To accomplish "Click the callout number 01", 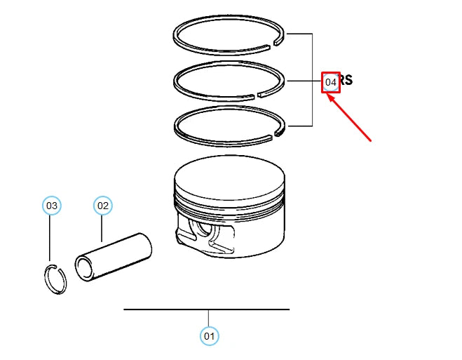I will point(209,336).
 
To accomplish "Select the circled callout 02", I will point(103,206).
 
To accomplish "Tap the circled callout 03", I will point(51,206).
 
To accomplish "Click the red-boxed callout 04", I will point(331,82).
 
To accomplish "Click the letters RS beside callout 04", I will point(346,81).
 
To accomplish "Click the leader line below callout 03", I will point(50,239).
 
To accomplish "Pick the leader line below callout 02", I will point(102,228).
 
